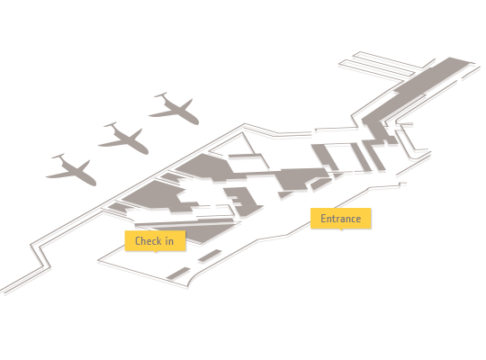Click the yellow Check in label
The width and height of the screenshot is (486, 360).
[155, 240]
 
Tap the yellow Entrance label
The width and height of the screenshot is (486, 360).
[340, 219]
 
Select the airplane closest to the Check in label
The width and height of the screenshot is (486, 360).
[72, 170]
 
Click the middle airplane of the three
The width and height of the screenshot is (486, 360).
[124, 139]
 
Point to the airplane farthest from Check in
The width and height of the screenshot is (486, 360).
[175, 109]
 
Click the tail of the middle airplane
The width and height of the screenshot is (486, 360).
[111, 125]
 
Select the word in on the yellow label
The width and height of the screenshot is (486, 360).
[169, 241]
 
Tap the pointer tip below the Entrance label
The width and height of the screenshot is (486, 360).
[341, 230]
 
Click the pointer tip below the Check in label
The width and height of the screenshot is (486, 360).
[156, 252]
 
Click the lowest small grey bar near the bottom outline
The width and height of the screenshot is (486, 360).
[178, 274]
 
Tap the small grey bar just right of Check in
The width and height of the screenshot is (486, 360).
[210, 256]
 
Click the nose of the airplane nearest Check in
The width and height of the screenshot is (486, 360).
[94, 184]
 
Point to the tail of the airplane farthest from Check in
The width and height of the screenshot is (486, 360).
[161, 94]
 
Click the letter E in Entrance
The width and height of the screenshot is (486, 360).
[323, 219]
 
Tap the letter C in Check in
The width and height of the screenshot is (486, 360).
[139, 241]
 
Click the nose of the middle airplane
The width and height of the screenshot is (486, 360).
[147, 152]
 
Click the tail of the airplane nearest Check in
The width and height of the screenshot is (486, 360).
[58, 156]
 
